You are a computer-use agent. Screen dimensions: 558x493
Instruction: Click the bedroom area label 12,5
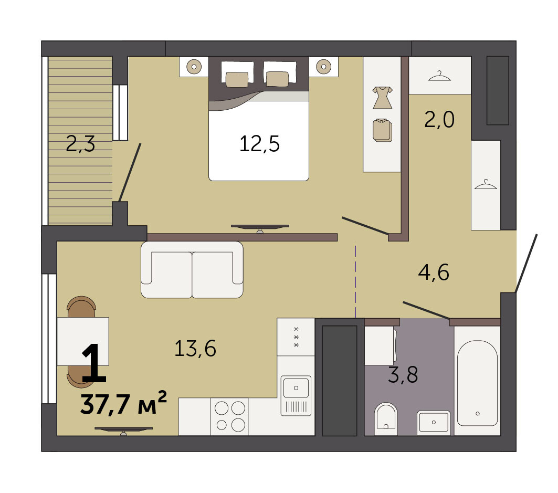259,144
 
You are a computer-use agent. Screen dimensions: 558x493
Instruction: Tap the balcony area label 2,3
80,144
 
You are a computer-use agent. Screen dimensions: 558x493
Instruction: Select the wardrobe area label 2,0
439,120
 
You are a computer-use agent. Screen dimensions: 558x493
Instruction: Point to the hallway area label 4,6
434,272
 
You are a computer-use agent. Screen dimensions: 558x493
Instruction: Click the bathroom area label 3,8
403,375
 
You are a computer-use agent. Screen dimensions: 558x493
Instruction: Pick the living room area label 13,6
195,348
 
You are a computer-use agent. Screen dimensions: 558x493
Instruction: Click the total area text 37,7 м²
123,404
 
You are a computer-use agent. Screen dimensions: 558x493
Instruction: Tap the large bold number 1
93,363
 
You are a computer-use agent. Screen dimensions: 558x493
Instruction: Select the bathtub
477,383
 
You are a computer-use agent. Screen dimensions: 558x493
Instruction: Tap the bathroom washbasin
434,422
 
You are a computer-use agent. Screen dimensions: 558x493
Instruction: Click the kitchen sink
296,395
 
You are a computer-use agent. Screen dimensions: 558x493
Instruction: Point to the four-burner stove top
229,416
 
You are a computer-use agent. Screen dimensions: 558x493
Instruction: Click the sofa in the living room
192,270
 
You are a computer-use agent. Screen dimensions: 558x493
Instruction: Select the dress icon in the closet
382,97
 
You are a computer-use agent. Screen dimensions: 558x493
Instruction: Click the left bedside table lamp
194,66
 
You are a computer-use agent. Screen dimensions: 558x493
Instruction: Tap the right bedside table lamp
323,66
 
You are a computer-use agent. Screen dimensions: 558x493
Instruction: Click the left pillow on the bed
237,79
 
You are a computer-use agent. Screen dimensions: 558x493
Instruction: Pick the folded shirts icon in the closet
382,130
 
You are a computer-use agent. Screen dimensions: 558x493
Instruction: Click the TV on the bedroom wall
260,228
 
